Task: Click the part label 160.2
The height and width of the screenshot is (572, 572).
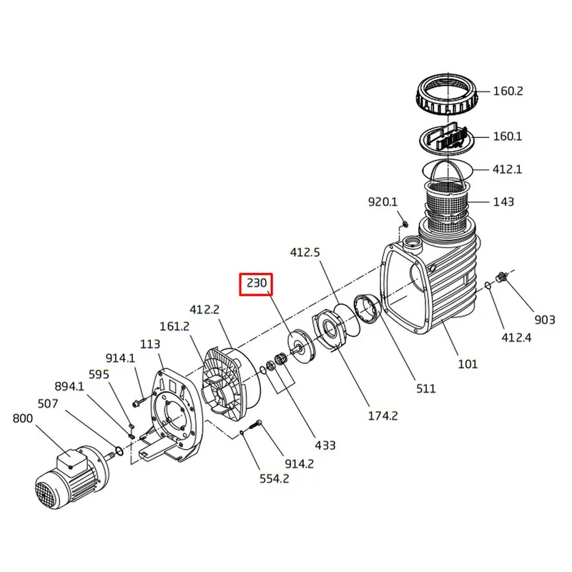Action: (x=508, y=92)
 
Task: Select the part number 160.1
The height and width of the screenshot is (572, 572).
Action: (x=508, y=136)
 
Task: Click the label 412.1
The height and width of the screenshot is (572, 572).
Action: (x=508, y=169)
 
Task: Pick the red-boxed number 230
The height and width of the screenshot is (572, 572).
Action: (x=257, y=284)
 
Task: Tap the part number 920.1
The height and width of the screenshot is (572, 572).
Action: (x=383, y=202)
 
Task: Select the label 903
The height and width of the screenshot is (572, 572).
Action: (x=545, y=320)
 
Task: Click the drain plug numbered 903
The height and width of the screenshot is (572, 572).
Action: (x=502, y=276)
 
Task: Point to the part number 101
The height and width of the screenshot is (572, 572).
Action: (x=468, y=364)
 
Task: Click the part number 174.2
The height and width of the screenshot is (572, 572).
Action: (x=383, y=416)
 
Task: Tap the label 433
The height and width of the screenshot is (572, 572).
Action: (x=325, y=445)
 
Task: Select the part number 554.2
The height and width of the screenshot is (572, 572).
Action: (x=275, y=478)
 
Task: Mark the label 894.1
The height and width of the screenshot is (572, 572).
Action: (x=69, y=387)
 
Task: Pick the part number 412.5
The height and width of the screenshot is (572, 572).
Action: (x=305, y=252)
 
